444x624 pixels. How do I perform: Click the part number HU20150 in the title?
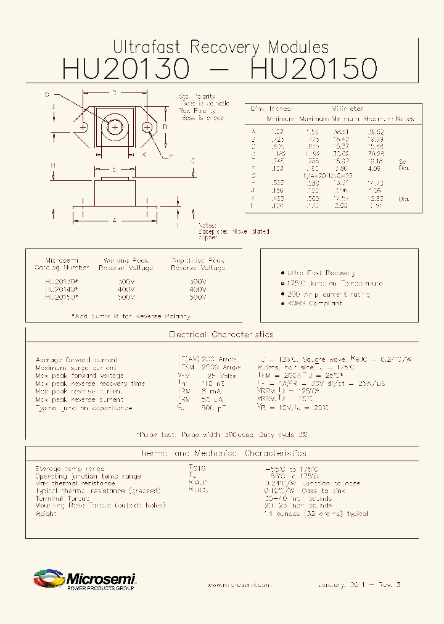[x=313, y=68]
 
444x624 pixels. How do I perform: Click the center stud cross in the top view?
[x=115, y=127]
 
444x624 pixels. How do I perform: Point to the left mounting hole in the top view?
[x=82, y=127]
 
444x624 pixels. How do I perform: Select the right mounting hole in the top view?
[x=147, y=127]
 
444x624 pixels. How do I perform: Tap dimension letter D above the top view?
[x=115, y=92]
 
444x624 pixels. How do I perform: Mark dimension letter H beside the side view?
[x=54, y=165]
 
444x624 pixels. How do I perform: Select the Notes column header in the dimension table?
[x=405, y=118]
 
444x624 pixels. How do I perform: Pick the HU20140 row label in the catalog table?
[x=61, y=289]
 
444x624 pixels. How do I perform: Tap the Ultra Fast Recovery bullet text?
[x=321, y=273]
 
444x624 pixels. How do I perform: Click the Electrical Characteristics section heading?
[x=221, y=334]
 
